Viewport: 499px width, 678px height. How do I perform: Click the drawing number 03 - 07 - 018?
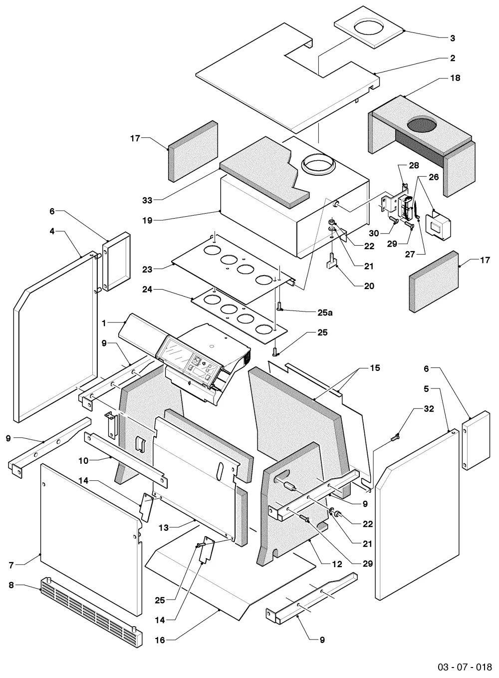[x=465, y=667]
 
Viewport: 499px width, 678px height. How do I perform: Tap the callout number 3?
[x=453, y=38]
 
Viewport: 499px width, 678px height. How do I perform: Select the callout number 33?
[x=147, y=200]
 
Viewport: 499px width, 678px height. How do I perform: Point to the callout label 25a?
[x=325, y=313]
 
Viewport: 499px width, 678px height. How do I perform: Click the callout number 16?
[x=160, y=640]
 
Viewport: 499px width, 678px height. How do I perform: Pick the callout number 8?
[x=11, y=585]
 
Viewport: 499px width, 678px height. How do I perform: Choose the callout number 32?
[x=429, y=408]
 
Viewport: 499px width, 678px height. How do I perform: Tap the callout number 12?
[x=337, y=564]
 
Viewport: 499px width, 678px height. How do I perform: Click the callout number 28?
[x=414, y=165]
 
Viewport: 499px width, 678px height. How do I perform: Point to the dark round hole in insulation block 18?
[x=422, y=125]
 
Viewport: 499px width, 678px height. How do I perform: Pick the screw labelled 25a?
[x=279, y=307]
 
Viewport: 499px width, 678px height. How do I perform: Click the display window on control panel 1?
[x=175, y=351]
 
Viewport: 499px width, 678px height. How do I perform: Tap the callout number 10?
[x=83, y=461]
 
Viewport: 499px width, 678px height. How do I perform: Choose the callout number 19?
[x=147, y=220]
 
